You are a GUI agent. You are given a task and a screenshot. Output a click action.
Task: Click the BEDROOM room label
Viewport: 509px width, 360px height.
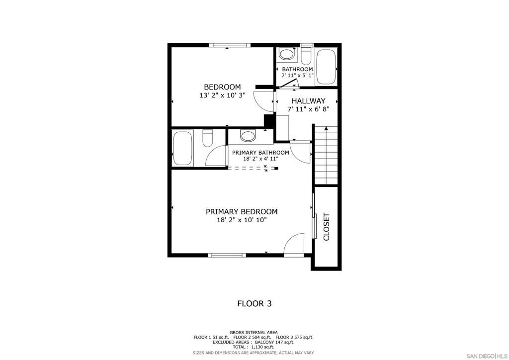coord(222,87)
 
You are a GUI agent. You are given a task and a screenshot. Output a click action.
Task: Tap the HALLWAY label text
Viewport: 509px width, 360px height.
coord(308,101)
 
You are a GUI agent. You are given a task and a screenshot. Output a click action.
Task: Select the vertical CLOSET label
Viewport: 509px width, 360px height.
coord(327,227)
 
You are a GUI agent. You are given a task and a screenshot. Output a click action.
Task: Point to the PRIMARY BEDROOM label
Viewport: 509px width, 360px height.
coord(242,212)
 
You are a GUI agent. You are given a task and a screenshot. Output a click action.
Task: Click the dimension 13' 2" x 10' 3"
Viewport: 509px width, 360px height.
coord(222,95)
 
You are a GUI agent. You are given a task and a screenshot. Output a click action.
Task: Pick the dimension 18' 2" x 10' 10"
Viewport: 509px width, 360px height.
coord(242,220)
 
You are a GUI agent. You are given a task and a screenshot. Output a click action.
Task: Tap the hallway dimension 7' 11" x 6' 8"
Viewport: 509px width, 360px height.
coord(308,109)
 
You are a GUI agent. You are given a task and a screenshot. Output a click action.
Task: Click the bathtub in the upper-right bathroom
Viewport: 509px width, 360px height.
coord(326,67)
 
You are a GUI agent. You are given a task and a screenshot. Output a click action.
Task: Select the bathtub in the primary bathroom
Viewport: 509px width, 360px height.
coord(182,148)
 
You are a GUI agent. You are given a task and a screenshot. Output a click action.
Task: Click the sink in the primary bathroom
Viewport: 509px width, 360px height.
coord(247,136)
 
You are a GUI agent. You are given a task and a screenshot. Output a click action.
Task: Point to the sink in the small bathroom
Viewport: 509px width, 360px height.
coord(286,54)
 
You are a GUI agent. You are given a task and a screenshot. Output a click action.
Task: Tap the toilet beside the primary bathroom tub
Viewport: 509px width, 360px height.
coord(207,138)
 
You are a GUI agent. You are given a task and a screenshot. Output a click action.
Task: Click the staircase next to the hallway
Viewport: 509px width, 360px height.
coord(326,155)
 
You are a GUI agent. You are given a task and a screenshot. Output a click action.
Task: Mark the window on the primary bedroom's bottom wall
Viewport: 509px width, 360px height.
coord(227,255)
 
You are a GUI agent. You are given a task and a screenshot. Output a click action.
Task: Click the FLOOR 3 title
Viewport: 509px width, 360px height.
coord(254,303)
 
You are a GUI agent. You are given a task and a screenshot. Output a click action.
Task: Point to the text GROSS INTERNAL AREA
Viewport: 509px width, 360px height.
coord(254,332)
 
